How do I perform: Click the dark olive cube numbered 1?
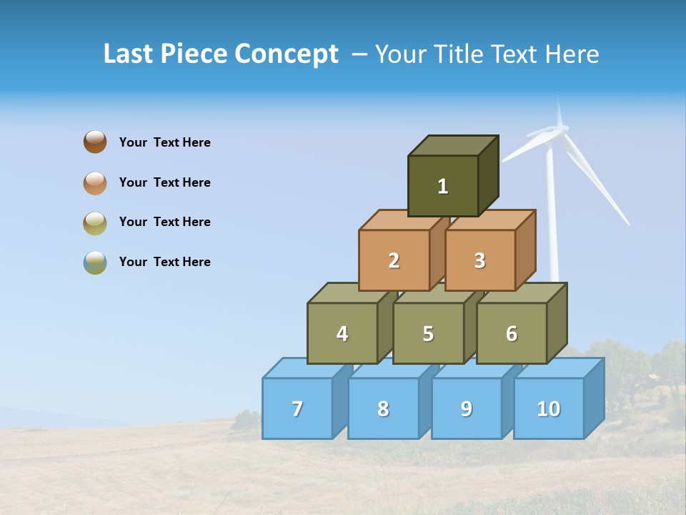pyautogui.click(x=443, y=186)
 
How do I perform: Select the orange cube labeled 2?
pyautogui.click(x=394, y=260)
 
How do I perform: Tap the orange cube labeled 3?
pyautogui.click(x=479, y=260)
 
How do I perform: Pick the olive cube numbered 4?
pyautogui.click(x=342, y=333)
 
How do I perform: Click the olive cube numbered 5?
pyautogui.click(x=428, y=333)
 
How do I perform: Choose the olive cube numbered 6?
pyautogui.click(x=512, y=333)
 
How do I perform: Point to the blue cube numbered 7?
pyautogui.click(x=297, y=408)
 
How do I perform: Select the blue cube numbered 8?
pyautogui.click(x=383, y=408)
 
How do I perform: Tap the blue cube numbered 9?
pyautogui.click(x=467, y=408)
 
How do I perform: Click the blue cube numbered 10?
pyautogui.click(x=548, y=408)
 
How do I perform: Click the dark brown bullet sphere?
pyautogui.click(x=95, y=142)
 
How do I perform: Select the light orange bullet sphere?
pyautogui.click(x=95, y=182)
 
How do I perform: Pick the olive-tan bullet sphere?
pyautogui.click(x=95, y=222)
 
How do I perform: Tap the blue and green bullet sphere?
pyautogui.click(x=95, y=263)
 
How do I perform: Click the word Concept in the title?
pyautogui.click(x=287, y=54)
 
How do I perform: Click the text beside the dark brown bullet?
pyautogui.click(x=165, y=142)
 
